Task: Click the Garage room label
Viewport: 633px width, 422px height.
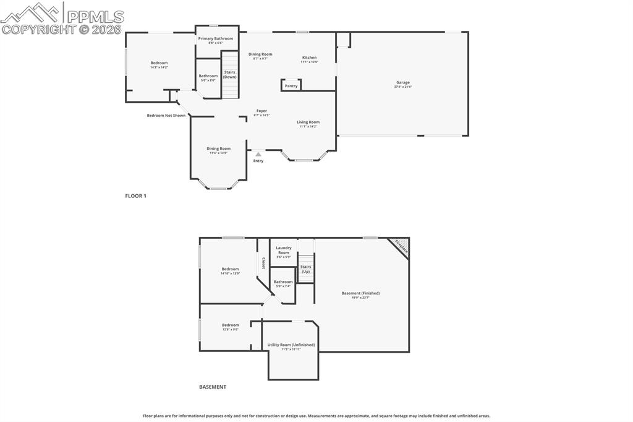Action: click(x=402, y=83)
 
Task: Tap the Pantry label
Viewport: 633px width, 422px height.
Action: click(x=291, y=86)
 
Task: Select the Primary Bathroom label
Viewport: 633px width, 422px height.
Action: click(x=216, y=39)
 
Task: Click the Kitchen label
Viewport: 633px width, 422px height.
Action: click(x=309, y=58)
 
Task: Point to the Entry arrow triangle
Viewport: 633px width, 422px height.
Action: click(x=258, y=155)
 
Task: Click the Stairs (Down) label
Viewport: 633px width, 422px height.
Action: click(x=230, y=75)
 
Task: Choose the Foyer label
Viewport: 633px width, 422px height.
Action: click(x=262, y=111)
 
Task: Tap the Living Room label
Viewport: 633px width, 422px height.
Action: click(x=308, y=123)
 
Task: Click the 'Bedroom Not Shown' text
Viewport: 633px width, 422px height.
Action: click(x=166, y=115)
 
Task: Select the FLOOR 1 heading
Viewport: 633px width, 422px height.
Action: click(x=135, y=196)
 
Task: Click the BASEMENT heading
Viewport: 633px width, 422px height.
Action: click(x=213, y=387)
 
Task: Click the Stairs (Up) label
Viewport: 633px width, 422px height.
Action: click(x=306, y=269)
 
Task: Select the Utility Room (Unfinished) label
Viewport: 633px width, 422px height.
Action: click(x=291, y=345)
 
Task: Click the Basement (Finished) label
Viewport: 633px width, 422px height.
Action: click(x=360, y=293)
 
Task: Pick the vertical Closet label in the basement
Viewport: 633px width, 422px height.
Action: click(x=263, y=263)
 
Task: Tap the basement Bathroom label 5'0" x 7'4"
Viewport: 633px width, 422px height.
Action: click(x=284, y=282)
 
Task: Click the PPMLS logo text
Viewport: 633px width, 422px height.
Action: click(x=94, y=17)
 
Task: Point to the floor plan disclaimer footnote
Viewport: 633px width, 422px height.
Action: click(x=316, y=416)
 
